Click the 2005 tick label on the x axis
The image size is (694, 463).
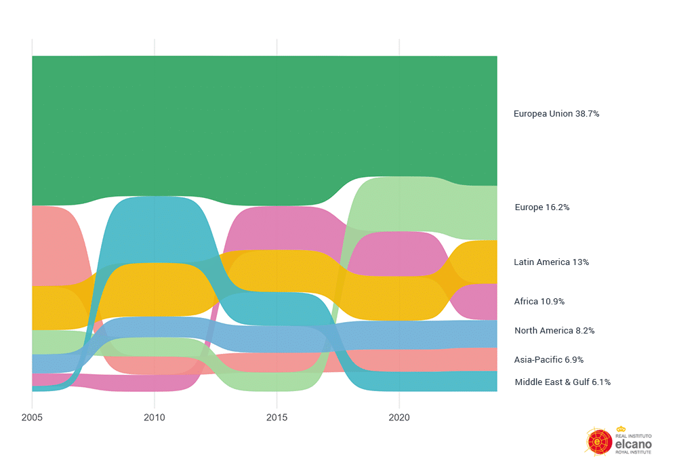(32, 418)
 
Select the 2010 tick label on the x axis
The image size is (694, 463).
(155, 418)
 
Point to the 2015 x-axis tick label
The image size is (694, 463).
(277, 418)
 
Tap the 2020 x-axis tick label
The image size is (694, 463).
(399, 418)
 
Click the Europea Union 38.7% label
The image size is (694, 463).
(556, 114)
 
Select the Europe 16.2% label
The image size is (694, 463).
(542, 207)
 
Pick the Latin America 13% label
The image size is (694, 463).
(551, 262)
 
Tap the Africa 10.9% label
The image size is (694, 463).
(539, 302)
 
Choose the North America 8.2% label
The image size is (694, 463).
(554, 331)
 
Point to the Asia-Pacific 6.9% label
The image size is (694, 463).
(548, 360)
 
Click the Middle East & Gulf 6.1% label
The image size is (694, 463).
(562, 382)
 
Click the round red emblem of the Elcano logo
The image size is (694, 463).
(599, 441)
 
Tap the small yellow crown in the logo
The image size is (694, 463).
(621, 428)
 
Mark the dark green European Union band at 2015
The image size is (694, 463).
(277, 129)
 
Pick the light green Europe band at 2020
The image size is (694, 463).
(399, 203)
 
